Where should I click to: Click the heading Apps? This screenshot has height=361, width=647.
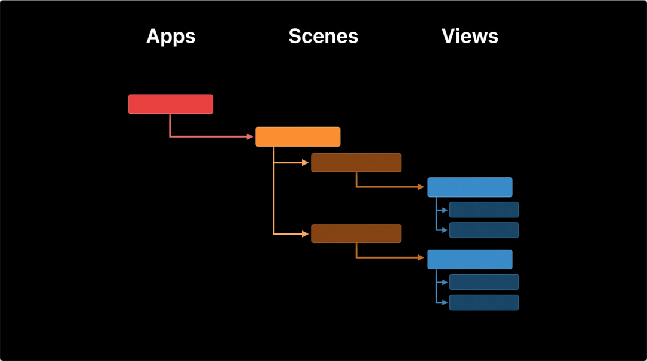[x=171, y=36]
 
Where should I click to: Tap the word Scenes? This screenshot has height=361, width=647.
[x=323, y=36]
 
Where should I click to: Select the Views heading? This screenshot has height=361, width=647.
[x=470, y=36]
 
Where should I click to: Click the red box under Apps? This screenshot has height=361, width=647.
[x=171, y=104]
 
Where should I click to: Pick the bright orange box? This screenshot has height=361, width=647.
[x=298, y=136]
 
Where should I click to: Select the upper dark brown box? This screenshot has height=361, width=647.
[x=356, y=163]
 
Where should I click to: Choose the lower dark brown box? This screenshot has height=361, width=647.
[x=356, y=233]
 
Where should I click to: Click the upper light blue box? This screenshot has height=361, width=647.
[x=470, y=187]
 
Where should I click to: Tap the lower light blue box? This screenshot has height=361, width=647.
[x=470, y=259]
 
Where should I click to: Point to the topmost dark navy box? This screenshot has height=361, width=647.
[x=484, y=210]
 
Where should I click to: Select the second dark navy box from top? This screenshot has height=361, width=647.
[x=484, y=230]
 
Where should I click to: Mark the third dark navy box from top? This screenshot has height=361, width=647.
[x=484, y=282]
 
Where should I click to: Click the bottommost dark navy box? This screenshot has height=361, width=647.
[x=484, y=302]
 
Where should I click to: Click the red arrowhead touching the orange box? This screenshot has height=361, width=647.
[x=250, y=136]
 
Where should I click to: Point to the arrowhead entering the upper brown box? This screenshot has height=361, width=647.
[x=306, y=162]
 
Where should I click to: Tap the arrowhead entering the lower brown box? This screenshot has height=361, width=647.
[x=306, y=233]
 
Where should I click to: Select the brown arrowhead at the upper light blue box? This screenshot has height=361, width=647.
[x=422, y=187]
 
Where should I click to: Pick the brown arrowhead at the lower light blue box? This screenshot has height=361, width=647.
[x=422, y=258]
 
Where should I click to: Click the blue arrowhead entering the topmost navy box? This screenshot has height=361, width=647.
[x=445, y=210]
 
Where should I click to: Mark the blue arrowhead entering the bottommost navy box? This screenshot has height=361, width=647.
[x=445, y=302]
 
